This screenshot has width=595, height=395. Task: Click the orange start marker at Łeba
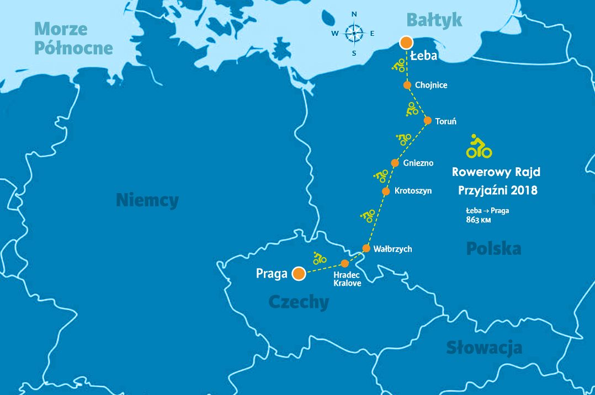406,42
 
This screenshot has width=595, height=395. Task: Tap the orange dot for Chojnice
407,85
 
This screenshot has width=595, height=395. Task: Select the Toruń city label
445,121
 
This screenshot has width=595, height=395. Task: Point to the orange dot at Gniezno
395,163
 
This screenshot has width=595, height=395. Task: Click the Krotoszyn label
413,191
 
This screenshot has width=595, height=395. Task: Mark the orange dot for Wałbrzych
366,248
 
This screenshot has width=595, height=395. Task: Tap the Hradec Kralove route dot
345,263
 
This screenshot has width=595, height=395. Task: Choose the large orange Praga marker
299,273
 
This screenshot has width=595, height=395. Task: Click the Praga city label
272,274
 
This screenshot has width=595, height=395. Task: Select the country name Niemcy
147,200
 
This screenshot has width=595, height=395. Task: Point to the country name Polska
493,248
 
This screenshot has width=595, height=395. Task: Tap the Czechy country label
299,302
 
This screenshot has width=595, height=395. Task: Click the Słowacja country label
484,348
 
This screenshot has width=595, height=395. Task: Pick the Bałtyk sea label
434,20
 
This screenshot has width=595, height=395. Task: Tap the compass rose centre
354,33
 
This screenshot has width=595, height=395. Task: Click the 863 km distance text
479,220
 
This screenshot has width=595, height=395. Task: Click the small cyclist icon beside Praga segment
319,258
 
